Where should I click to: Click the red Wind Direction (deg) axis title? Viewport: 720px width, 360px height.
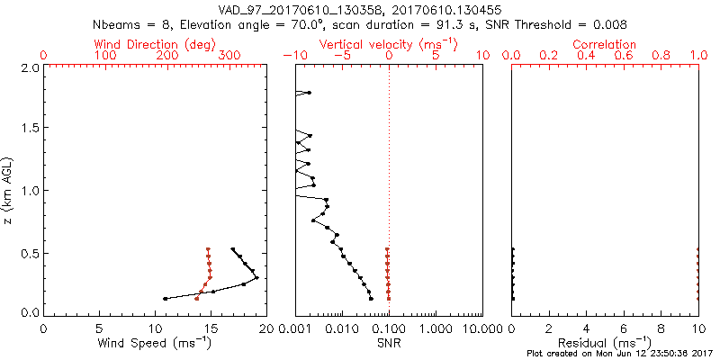155,44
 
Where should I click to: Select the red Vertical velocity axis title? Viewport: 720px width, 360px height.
388,44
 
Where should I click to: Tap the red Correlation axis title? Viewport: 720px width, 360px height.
604,44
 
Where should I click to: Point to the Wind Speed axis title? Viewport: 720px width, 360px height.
155,343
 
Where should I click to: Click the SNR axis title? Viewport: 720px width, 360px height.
388,343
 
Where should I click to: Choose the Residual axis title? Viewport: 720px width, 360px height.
604,343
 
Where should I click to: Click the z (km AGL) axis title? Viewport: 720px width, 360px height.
9,189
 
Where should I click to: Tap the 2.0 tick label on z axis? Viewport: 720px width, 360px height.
29,67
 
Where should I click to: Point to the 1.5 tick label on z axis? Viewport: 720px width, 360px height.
29,129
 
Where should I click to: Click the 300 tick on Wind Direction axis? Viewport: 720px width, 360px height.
229,56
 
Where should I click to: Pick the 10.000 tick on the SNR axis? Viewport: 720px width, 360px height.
482,330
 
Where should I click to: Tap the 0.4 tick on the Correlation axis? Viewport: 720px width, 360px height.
585,56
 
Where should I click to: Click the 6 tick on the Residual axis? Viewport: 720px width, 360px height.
623,330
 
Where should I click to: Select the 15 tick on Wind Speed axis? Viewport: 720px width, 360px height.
210,330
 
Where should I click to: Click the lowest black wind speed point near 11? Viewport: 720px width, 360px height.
165,299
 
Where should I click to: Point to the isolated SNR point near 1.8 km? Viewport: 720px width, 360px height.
309,93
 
